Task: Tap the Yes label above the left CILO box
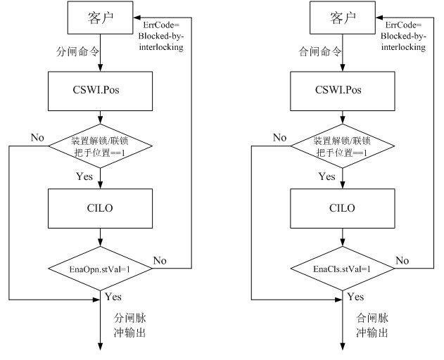(x=84, y=176)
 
